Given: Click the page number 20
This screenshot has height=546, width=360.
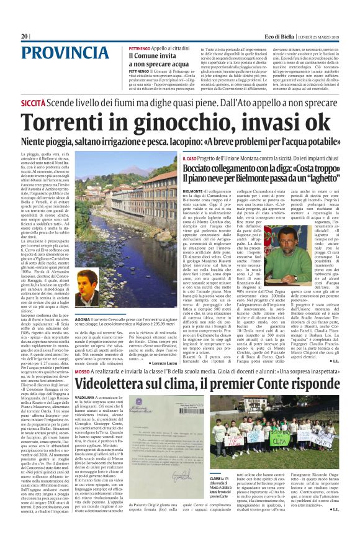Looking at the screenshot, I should point(25,37).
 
